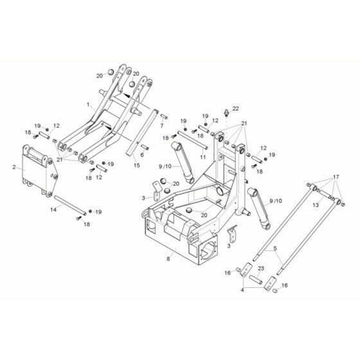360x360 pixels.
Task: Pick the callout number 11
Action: [x=203, y=157]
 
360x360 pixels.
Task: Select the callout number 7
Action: [x=162, y=126]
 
